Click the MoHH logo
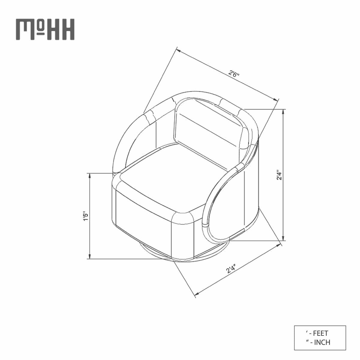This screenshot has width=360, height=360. tap(45, 29)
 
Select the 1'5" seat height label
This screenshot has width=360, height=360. tap(85, 216)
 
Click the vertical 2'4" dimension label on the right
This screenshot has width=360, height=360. tap(279, 175)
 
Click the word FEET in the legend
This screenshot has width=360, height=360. tap(320, 328)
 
